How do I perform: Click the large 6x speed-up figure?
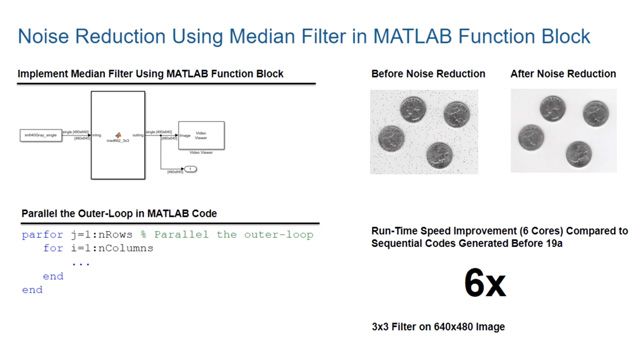485,284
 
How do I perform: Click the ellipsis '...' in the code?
81,262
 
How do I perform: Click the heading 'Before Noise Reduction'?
428,74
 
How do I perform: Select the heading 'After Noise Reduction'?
563,74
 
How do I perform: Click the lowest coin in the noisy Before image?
436,155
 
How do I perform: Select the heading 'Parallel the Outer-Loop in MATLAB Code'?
118,213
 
